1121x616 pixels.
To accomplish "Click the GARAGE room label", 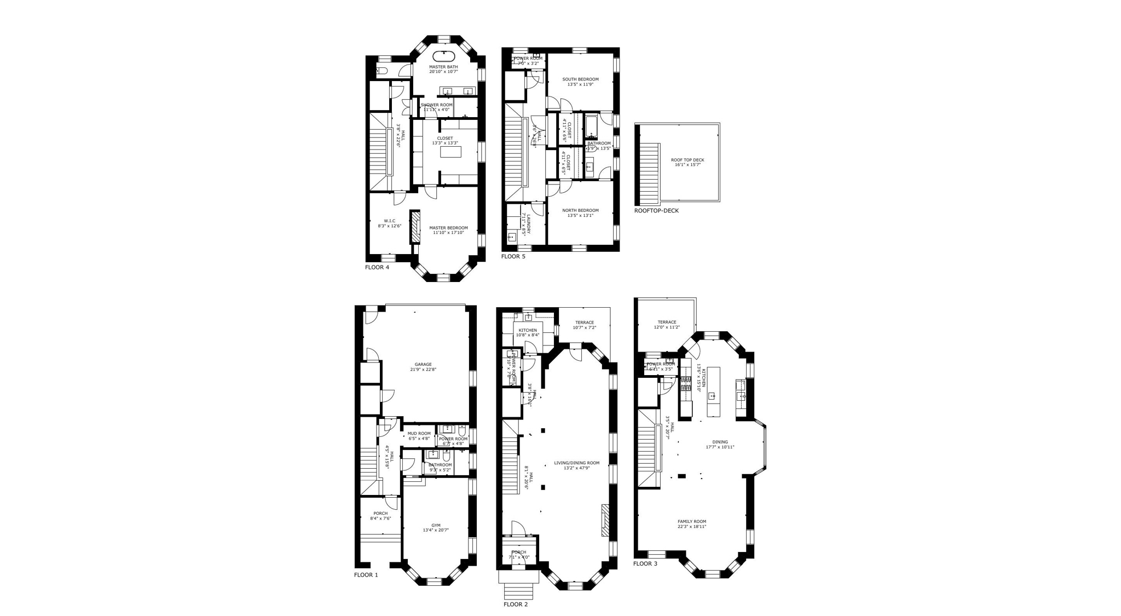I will click(423, 365).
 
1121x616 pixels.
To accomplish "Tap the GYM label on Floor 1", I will click(436, 526).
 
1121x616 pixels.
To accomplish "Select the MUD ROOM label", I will click(419, 434).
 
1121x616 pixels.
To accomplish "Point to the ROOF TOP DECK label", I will click(687, 160).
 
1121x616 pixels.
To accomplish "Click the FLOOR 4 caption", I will click(377, 267).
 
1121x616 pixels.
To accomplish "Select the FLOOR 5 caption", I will click(513, 256).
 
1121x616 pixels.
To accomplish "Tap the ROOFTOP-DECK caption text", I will click(656, 211).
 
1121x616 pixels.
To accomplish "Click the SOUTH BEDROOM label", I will click(580, 79).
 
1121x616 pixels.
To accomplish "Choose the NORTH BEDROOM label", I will click(580, 211).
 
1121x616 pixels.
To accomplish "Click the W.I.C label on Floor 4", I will click(389, 221).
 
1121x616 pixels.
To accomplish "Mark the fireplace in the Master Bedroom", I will click(415, 227).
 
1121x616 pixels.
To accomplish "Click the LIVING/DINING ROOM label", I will click(576, 463).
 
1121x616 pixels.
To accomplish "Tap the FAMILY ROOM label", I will click(692, 522).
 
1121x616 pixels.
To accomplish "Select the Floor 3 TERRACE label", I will click(667, 323).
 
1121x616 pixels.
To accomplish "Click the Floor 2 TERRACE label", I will click(584, 323).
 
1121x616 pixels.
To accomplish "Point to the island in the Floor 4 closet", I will click(450, 153).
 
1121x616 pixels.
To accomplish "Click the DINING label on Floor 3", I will click(720, 442).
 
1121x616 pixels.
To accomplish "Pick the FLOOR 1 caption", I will click(366, 575).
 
